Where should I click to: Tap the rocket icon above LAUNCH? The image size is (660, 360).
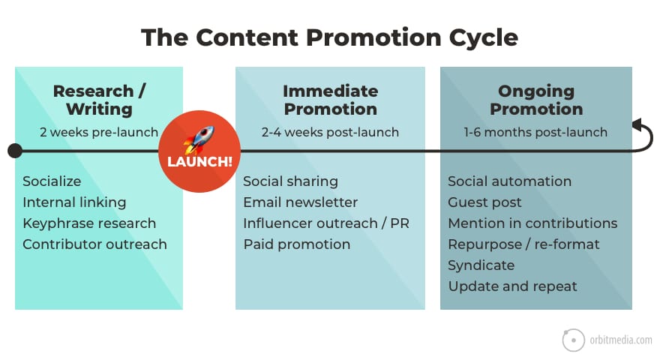(x=199, y=139)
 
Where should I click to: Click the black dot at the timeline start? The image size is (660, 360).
(x=14, y=151)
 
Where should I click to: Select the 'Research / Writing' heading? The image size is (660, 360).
(x=99, y=100)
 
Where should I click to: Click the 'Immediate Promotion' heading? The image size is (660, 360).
(x=330, y=100)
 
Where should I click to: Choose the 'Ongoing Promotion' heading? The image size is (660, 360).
(x=535, y=100)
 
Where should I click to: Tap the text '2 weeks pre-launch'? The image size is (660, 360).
(x=99, y=133)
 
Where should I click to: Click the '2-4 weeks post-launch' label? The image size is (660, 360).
(x=330, y=133)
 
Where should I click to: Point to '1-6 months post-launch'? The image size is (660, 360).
(x=535, y=133)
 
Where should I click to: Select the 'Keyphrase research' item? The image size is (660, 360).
(x=89, y=223)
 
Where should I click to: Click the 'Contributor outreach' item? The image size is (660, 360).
(x=94, y=244)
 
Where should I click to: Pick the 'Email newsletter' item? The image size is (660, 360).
(x=300, y=202)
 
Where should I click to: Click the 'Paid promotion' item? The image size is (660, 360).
(x=296, y=244)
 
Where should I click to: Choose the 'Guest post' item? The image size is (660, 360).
(x=484, y=202)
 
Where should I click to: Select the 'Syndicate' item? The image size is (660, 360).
(x=481, y=265)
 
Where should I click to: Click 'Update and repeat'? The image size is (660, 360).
(x=512, y=286)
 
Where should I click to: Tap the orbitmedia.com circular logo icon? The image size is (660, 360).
(x=573, y=340)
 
